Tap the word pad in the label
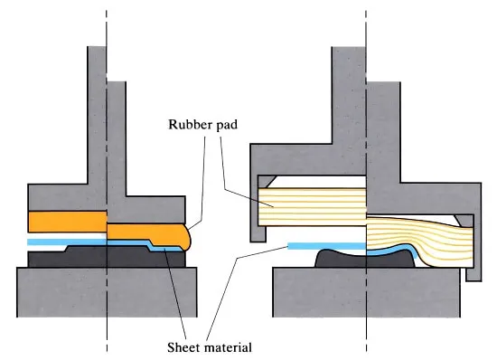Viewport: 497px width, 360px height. [x=227, y=125]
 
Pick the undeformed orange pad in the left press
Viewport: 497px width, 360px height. [x=68, y=222]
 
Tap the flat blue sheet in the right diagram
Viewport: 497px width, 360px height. [x=327, y=246]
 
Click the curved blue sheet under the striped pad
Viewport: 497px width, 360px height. [x=393, y=249]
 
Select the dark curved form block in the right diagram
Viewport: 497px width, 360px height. [x=364, y=259]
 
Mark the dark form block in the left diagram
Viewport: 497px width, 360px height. [x=107, y=256]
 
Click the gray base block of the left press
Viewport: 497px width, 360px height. [x=107, y=292]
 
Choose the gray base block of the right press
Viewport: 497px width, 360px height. [x=366, y=292]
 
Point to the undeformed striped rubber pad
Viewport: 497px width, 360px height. [x=313, y=207]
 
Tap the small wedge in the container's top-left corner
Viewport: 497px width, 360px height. [x=267, y=182]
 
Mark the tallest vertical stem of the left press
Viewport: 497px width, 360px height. [x=97, y=115]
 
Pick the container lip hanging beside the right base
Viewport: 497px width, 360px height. [x=474, y=274]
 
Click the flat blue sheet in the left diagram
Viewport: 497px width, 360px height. [x=67, y=242]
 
